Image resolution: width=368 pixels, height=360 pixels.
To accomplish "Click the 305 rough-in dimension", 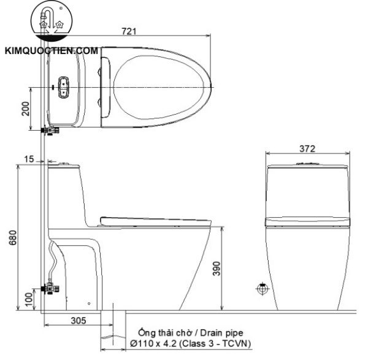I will (x=77, y=320).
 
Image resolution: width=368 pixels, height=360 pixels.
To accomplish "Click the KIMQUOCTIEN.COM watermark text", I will (x=52, y=52).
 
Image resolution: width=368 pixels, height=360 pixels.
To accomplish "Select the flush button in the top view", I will (x=63, y=86).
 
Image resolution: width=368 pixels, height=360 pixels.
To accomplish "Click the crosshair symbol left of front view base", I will (x=263, y=288).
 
